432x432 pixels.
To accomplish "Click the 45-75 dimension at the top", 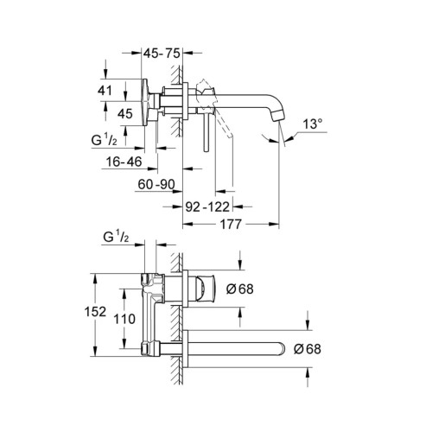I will [162, 54].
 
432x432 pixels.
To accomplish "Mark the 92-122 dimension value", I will [207, 206].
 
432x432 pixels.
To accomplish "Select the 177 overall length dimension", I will [228, 226].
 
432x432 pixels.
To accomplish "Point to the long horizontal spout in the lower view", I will [238, 349].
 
